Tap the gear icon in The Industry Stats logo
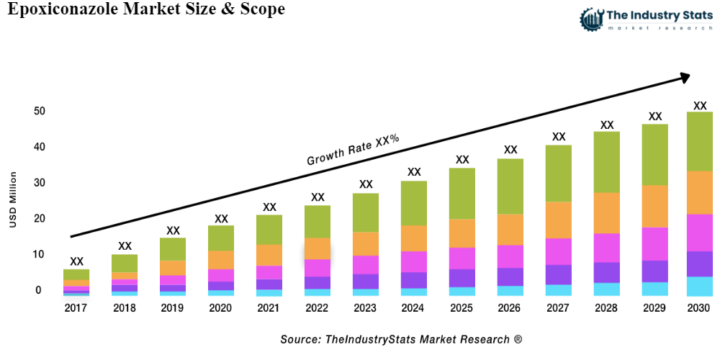coord(591,19)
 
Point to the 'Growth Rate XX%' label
coord(353,150)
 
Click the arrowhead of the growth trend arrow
coord(684,76)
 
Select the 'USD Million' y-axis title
coord(13,200)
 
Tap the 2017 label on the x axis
coord(76,308)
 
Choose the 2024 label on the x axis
coord(414,308)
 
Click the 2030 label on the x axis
coord(698,308)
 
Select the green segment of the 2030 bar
coord(699,141)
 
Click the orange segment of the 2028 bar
coord(607,212)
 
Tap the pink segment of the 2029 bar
coord(654,243)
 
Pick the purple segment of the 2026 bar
coord(510,276)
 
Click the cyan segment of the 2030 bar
coord(699,286)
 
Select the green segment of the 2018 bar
coord(125,263)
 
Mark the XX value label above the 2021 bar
coord(269,207)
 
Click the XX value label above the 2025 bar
coord(462,160)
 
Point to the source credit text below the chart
coord(401,338)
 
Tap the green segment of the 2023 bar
coord(366,212)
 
